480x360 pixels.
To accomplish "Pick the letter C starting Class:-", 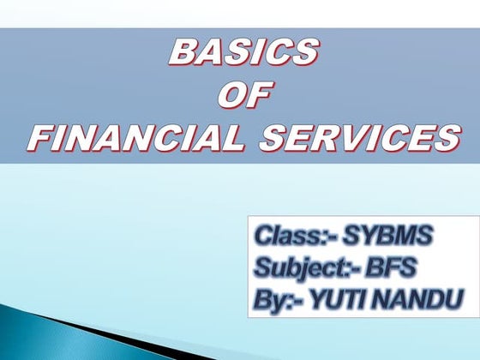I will coord(262,234).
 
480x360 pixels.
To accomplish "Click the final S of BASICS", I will coord(302,53).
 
